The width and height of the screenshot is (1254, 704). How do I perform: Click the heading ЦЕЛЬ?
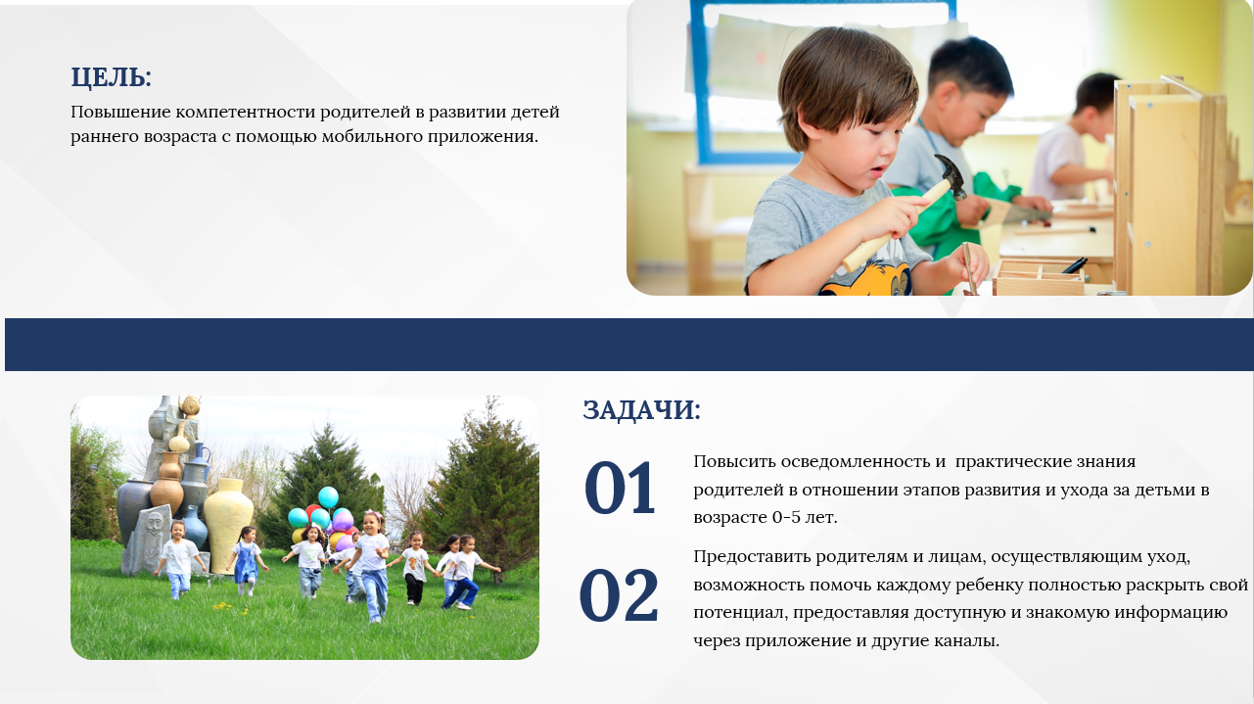point(111,77)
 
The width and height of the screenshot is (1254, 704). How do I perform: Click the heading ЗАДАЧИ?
point(641,410)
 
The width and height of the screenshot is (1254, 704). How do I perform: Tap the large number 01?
point(620,488)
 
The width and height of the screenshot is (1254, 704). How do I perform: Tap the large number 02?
point(619,594)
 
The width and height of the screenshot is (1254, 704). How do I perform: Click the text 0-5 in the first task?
point(786,517)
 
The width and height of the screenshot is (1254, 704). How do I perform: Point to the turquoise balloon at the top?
point(328,496)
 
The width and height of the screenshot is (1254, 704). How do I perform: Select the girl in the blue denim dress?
point(246,560)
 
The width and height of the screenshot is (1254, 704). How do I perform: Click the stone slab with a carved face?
point(147,540)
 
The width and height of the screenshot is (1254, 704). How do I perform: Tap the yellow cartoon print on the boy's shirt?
point(866,279)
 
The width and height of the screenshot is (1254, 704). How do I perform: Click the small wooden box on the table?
point(1039,277)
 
